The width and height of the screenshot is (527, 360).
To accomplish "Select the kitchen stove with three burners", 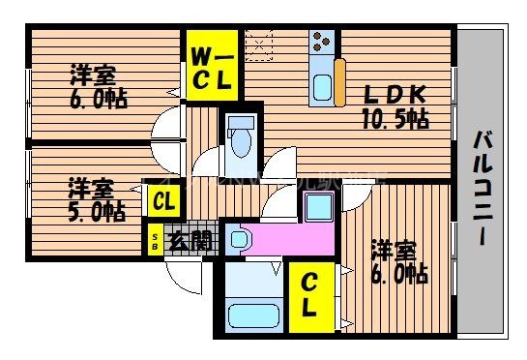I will pyautogui.click(x=322, y=43).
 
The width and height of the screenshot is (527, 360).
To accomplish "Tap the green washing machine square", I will pyautogui.click(x=316, y=206).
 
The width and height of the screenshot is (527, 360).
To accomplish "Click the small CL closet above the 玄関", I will pyautogui.click(x=162, y=202).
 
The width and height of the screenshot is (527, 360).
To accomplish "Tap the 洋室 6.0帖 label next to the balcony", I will pyautogui.click(x=395, y=261).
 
